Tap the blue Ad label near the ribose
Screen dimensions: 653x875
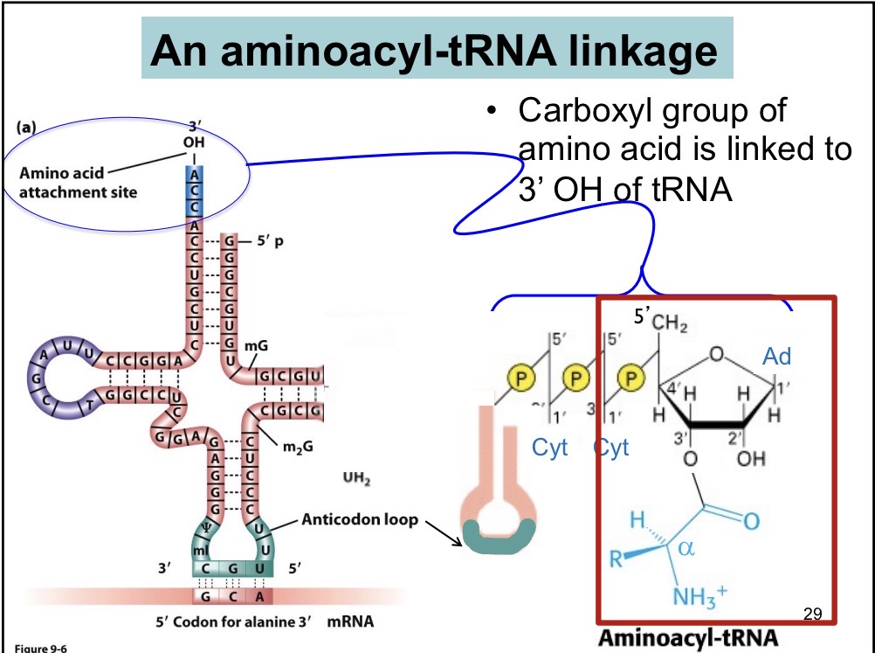point(776,357)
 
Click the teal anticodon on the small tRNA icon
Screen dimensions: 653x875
point(495,536)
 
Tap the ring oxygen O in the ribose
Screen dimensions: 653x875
point(716,354)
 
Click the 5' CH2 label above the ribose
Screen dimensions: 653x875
point(660,322)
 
